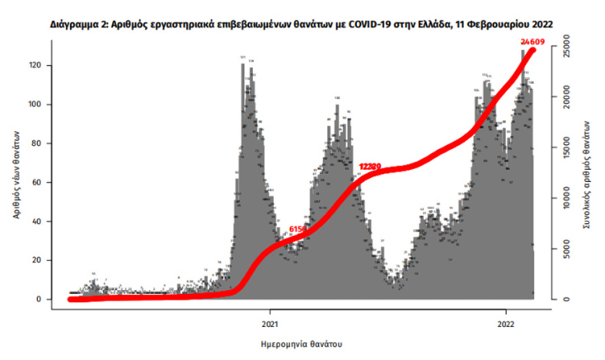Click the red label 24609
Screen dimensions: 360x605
(533, 40)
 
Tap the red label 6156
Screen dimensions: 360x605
(298, 228)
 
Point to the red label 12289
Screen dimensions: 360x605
(370, 166)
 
